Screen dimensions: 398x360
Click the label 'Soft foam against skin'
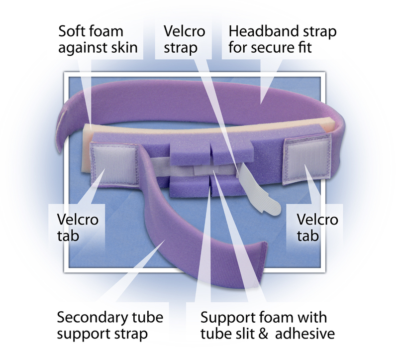click(98, 39)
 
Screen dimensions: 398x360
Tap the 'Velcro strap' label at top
click(184, 39)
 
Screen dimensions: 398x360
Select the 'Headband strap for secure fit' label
click(283, 39)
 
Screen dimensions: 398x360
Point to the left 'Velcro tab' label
click(78, 228)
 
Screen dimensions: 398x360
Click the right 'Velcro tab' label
click(317, 228)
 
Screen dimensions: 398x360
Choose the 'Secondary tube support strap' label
click(110, 325)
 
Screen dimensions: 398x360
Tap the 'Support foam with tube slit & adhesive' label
click(268, 325)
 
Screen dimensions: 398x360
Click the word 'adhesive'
click(305, 334)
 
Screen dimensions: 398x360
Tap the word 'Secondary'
click(93, 317)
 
